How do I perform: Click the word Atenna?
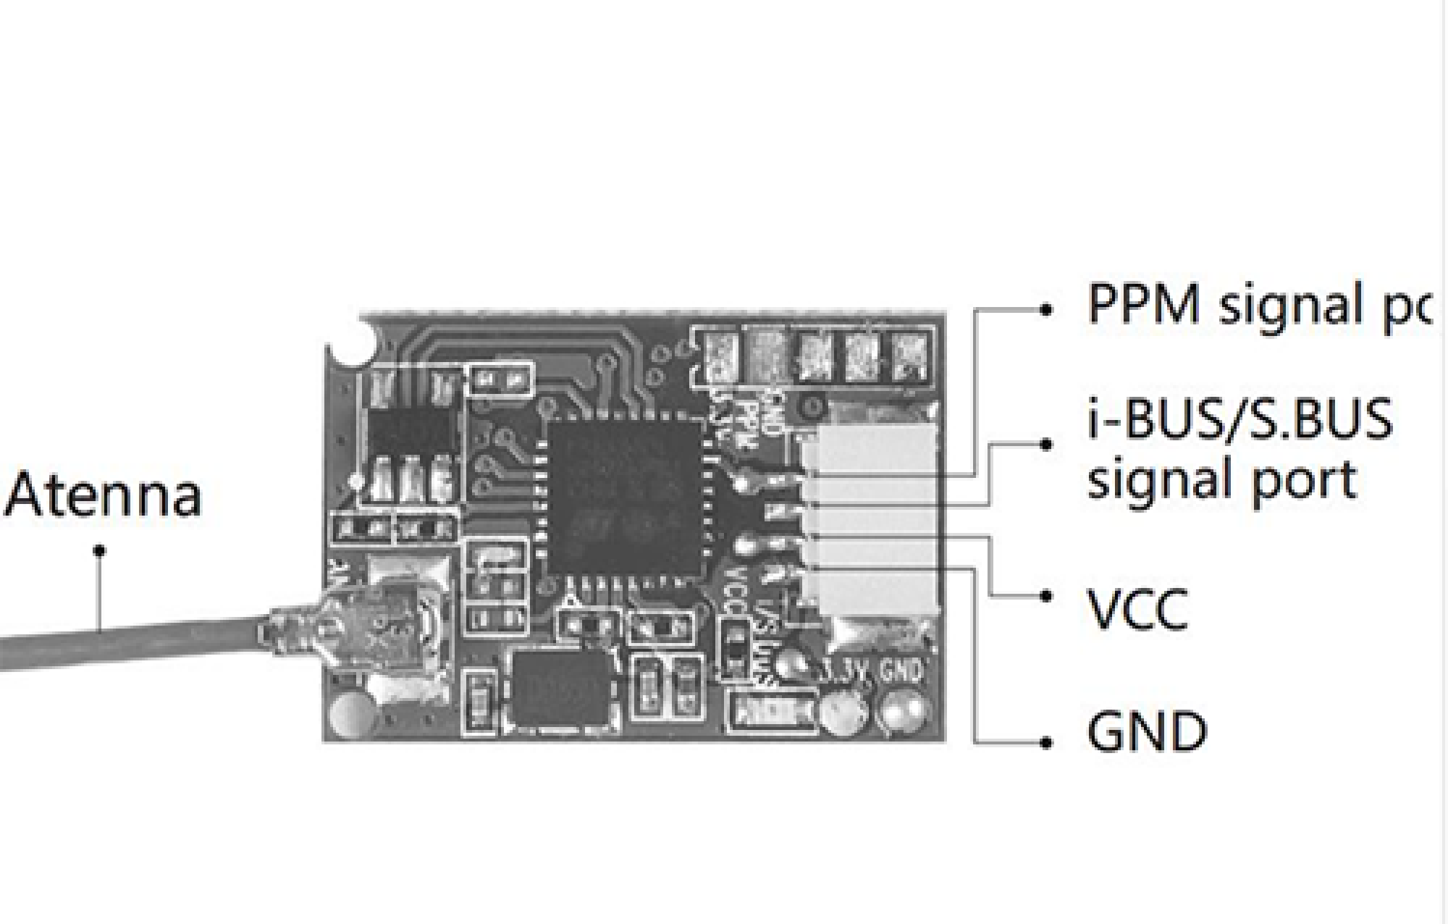(x=104, y=494)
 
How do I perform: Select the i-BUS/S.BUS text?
(x=1239, y=419)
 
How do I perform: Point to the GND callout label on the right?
(x=1148, y=732)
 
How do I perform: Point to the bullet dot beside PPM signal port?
(x=1045, y=309)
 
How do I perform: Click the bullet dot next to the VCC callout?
(x=1045, y=596)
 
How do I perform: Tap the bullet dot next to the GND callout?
(x=1045, y=742)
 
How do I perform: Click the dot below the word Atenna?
(x=100, y=551)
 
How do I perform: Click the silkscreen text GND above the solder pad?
(x=901, y=670)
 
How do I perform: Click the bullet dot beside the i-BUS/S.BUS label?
(x=1045, y=445)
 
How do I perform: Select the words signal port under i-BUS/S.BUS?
(x=1222, y=480)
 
